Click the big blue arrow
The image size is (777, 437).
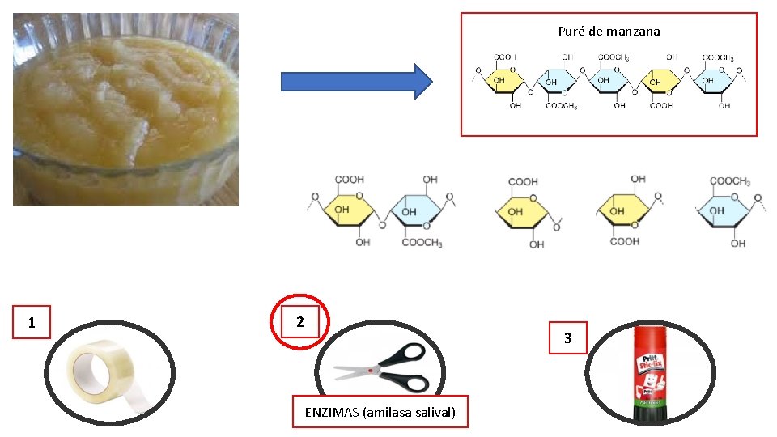(356, 81)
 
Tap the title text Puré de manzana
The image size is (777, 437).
(609, 32)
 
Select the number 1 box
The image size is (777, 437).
(32, 323)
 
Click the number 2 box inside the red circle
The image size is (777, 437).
(300, 322)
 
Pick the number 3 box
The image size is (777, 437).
(567, 338)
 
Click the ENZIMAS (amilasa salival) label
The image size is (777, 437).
(380, 413)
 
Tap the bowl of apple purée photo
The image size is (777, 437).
(125, 109)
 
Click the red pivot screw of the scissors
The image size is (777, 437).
(372, 371)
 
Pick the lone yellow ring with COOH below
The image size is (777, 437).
(624, 213)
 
